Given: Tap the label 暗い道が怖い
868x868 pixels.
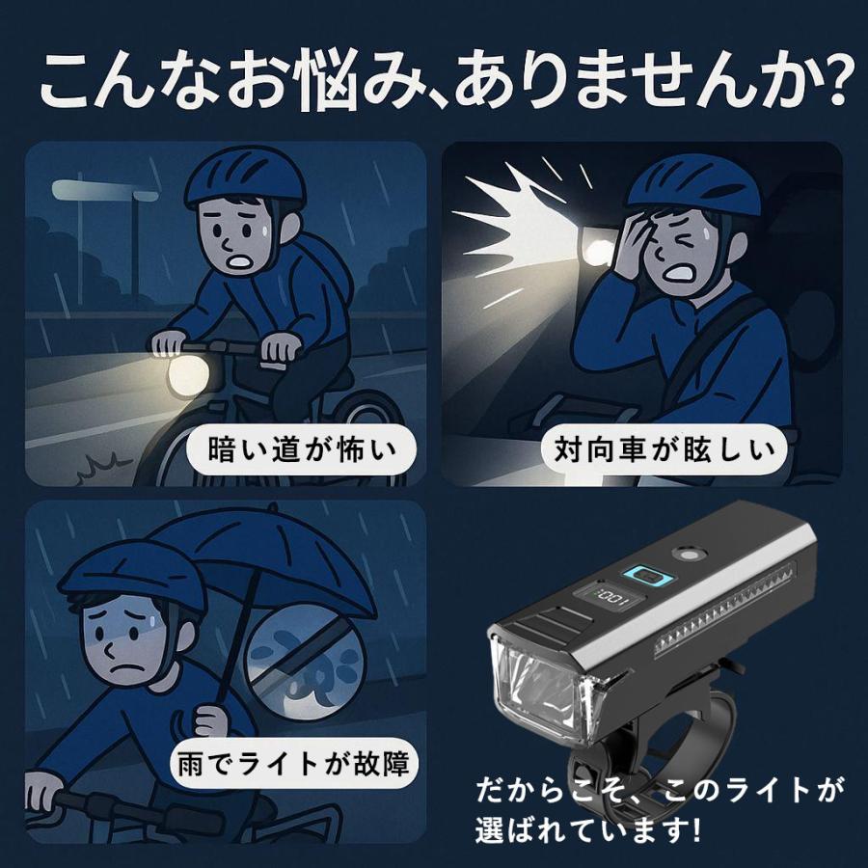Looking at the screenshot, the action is pyautogui.click(x=302, y=449).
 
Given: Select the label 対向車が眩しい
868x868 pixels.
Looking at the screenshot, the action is pyautogui.click(x=665, y=449).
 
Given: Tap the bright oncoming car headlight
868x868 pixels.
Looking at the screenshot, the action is pyautogui.click(x=598, y=252).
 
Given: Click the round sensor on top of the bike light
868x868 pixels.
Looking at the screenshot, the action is pyautogui.click(x=688, y=555).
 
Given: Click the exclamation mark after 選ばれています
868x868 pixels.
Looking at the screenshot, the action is pyautogui.click(x=695, y=829).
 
